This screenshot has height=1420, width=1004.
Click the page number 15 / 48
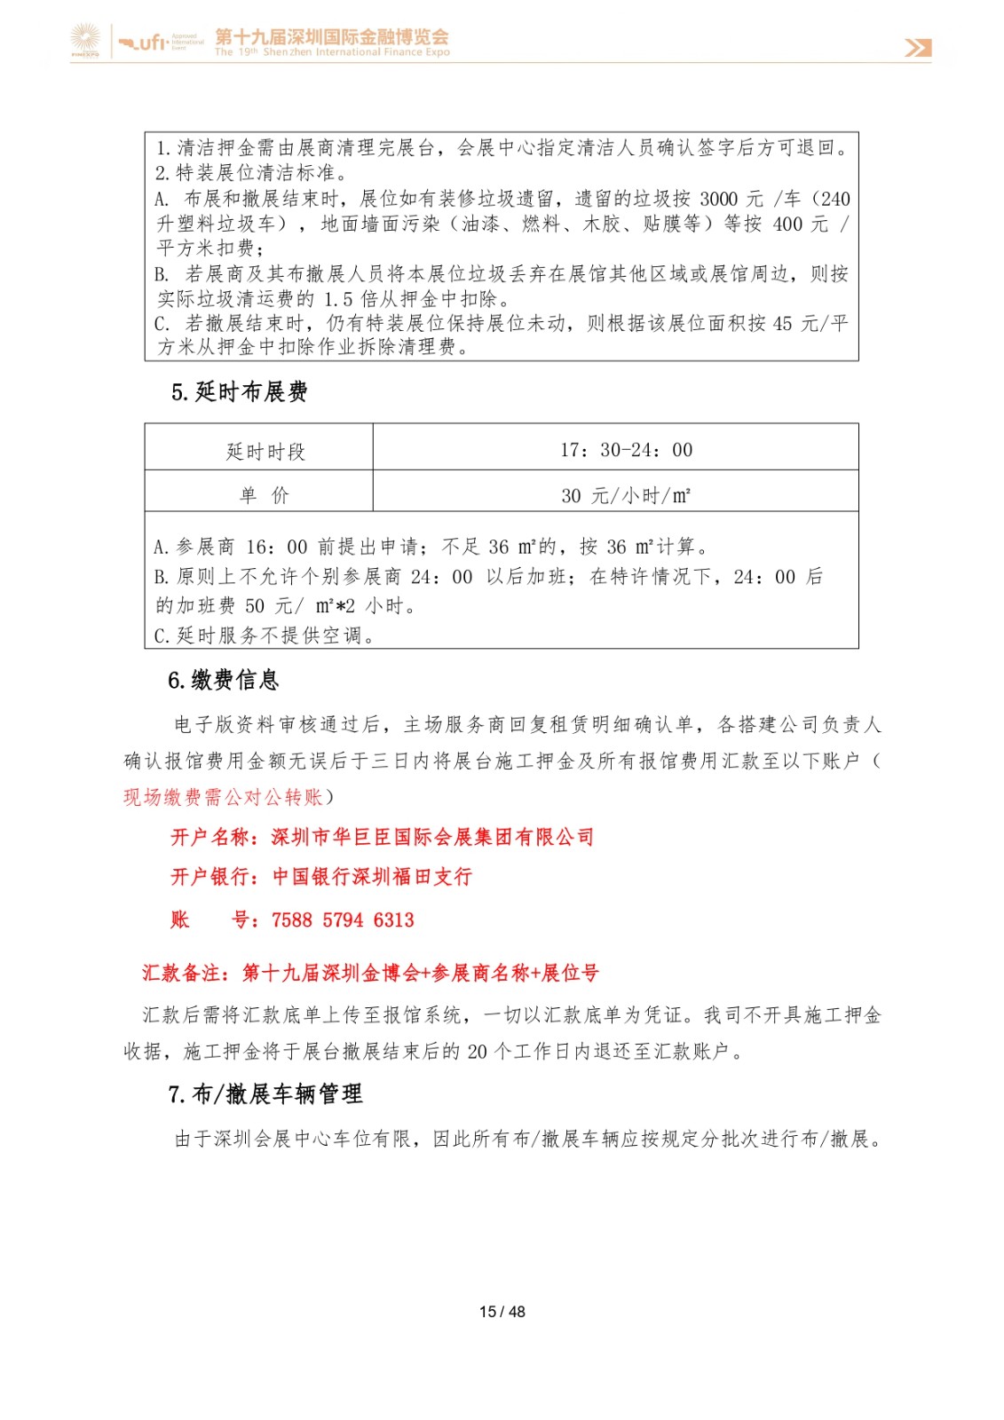502,1312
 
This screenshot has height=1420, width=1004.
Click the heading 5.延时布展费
240,392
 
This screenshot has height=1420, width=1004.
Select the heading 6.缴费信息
224,681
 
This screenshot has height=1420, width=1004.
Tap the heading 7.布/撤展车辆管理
265,1094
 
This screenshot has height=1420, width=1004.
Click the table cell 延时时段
265,452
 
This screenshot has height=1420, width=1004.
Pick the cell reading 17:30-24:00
626,450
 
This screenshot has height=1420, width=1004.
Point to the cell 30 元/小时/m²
626,495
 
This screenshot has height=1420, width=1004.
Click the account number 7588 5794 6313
343,920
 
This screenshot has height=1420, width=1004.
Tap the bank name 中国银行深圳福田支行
372,877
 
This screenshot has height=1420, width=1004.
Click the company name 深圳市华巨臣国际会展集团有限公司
432,837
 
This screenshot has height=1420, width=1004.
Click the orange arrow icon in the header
918,48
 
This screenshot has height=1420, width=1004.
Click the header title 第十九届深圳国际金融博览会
332,36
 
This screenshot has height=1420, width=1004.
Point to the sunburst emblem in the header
86,40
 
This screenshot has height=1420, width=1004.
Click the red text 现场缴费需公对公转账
223,797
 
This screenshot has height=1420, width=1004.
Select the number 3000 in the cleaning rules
718,199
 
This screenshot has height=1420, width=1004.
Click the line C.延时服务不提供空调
264,635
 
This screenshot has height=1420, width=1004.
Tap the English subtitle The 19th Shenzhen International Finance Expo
332,52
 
